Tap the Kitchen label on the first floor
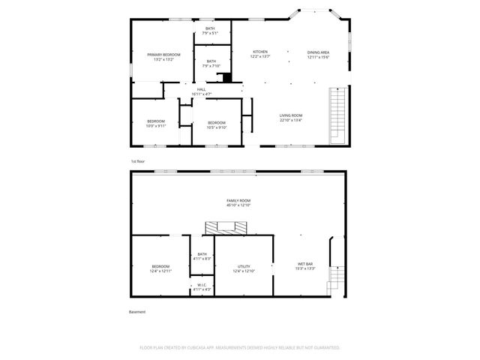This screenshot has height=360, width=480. [x=260, y=52]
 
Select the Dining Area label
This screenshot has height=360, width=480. [x=318, y=52]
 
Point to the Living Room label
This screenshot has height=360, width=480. [x=291, y=115]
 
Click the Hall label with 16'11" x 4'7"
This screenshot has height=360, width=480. [x=202, y=91]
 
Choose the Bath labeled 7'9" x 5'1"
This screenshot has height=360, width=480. [x=210, y=30]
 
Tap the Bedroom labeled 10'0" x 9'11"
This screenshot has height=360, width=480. [x=156, y=122]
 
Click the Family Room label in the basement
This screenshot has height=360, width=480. [x=239, y=202]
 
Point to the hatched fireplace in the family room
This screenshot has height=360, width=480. [x=226, y=226]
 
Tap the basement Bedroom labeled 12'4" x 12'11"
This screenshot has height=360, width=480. [x=161, y=268]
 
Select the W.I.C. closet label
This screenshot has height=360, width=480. [x=202, y=286]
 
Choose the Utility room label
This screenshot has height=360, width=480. [x=244, y=268]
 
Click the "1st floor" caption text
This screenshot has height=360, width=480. [x=138, y=161]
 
